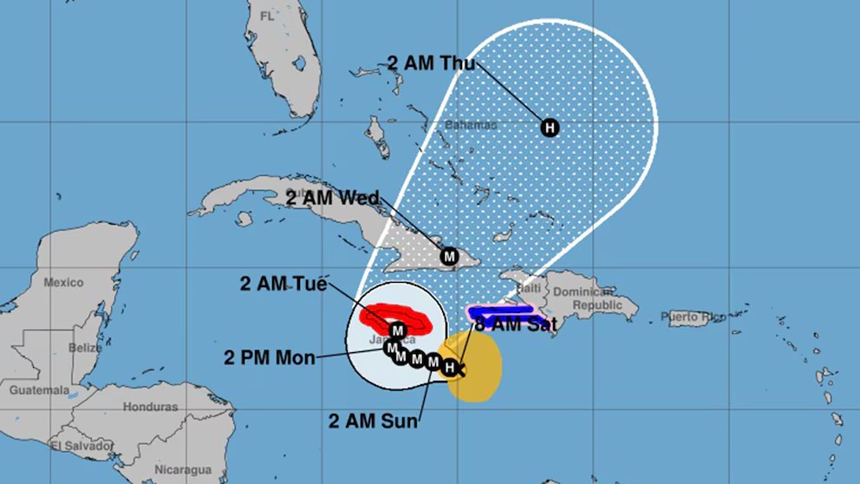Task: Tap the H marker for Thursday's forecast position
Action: [x=549, y=128]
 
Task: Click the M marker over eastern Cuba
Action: [x=449, y=257]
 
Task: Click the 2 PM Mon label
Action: [x=269, y=356]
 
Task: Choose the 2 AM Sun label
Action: [x=373, y=422]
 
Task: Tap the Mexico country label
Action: [x=63, y=283]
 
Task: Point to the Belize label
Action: [x=87, y=348]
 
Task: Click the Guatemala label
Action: [x=39, y=390]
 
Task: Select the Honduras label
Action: [x=150, y=407]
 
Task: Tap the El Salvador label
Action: [x=81, y=446]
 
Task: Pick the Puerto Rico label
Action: [x=694, y=317]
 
